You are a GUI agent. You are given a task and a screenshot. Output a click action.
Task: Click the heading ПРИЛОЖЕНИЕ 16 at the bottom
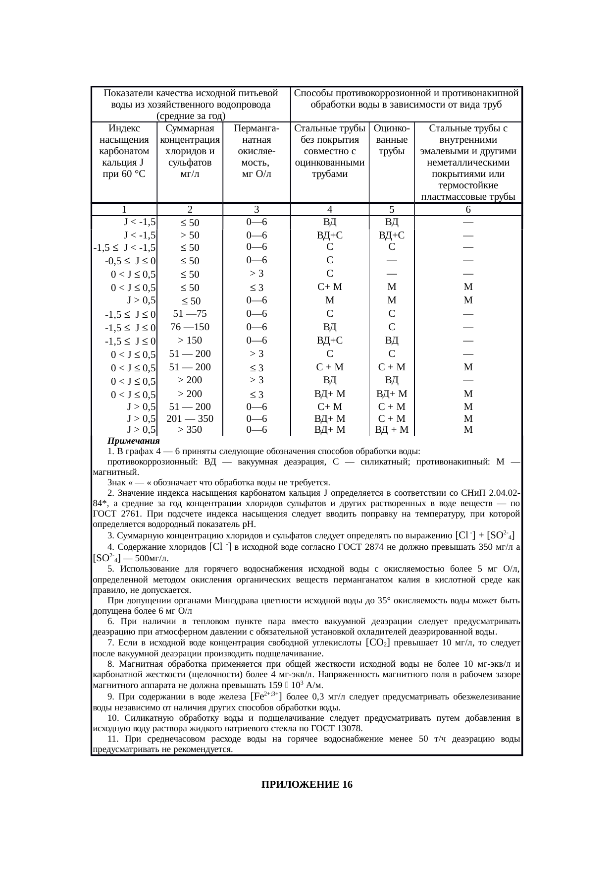click(307, 785)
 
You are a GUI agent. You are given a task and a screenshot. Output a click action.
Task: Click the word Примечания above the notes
click(134, 441)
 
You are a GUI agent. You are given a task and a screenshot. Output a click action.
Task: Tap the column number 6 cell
click(468, 209)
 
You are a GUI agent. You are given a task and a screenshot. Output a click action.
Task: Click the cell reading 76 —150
click(190, 327)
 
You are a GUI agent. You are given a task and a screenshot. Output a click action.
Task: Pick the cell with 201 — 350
click(190, 418)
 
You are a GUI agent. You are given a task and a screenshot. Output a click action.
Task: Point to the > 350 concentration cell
click(190, 429)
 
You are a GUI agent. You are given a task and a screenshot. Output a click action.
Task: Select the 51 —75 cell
click(190, 313)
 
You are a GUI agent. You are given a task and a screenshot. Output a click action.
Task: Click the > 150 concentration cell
click(190, 340)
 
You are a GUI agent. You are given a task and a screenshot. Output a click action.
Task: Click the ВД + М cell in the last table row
click(391, 429)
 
